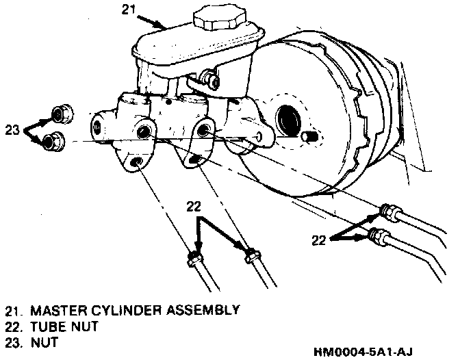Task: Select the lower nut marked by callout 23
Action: coord(52,142)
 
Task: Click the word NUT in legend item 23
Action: coord(41,341)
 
